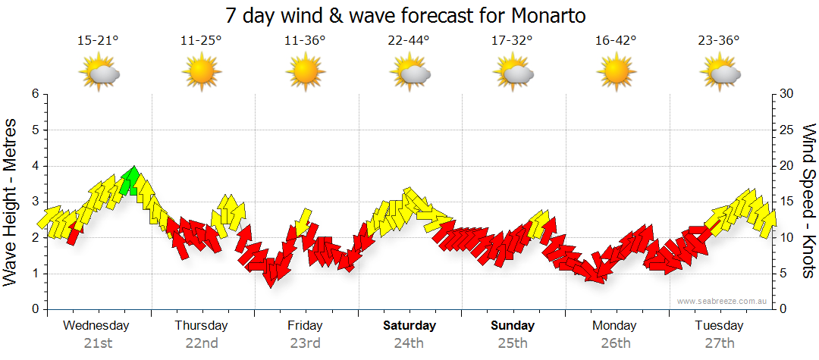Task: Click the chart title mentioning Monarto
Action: pyautogui.click(x=406, y=15)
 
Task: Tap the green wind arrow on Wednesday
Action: pyautogui.click(x=130, y=180)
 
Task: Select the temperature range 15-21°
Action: pyautogui.click(x=98, y=41)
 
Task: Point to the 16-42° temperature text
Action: pyautogui.click(x=615, y=41)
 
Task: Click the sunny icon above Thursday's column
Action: pyautogui.click(x=201, y=73)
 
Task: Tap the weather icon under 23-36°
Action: pyautogui.click(x=719, y=73)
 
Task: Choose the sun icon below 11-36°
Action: pyautogui.click(x=305, y=73)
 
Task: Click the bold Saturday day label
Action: pyautogui.click(x=409, y=326)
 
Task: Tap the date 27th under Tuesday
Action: pyautogui.click(x=719, y=343)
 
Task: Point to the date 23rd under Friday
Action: pyautogui.click(x=305, y=343)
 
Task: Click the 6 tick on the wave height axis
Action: pyautogui.click(x=35, y=94)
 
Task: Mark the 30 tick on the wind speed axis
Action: pyautogui.click(x=786, y=94)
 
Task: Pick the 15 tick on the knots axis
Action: pyautogui.click(x=786, y=202)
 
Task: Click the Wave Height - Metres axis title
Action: pyautogui.click(x=12, y=202)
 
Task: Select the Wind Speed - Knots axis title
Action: pyautogui.click(x=808, y=202)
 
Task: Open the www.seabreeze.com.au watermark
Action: pyautogui.click(x=723, y=301)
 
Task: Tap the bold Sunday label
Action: pyautogui.click(x=513, y=326)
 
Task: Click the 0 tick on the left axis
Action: pyautogui.click(x=35, y=310)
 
